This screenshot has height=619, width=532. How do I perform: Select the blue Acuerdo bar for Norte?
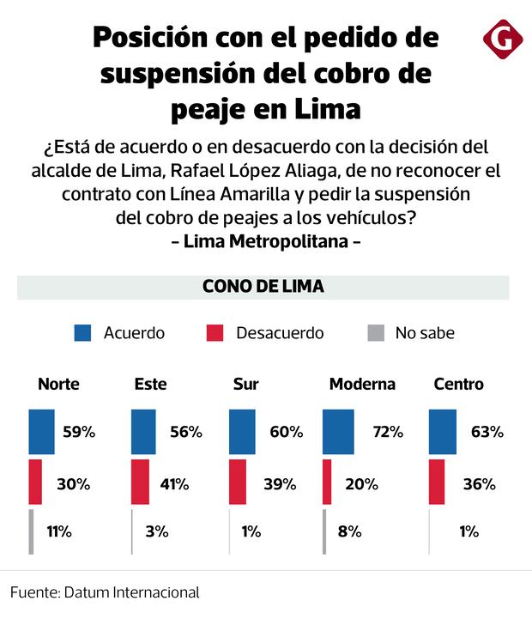tap(41, 431)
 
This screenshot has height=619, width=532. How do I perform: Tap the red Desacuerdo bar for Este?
tap(139, 482)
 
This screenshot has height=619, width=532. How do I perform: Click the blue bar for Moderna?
tap(338, 431)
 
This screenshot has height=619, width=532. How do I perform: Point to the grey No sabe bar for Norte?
tap(31, 531)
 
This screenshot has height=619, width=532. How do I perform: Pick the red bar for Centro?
tap(436, 482)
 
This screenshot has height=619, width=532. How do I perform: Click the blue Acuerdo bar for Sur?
tap(243, 431)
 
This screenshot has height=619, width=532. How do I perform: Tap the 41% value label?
tap(173, 484)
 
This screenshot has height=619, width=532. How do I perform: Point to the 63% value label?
tap(486, 432)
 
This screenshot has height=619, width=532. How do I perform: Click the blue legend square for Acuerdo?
tap(83, 333)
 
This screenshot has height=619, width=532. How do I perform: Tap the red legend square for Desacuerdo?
tap(215, 333)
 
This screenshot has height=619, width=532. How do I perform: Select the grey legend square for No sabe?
tap(374, 333)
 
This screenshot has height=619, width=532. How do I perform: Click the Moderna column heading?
tap(362, 384)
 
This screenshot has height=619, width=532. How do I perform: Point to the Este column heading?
tap(150, 384)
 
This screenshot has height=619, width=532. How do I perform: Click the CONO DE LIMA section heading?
tap(263, 287)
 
